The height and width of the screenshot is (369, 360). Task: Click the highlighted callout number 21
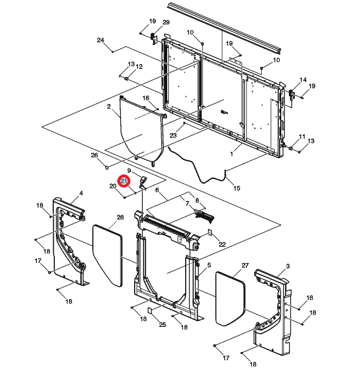pos(124,181)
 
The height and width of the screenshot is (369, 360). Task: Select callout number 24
pos(100,41)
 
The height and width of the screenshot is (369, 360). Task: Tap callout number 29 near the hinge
pos(166,22)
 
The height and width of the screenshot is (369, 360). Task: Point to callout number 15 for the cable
pos(237,189)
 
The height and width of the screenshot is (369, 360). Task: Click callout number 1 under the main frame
pos(231,154)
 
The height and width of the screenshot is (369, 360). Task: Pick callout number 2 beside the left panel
pos(109,107)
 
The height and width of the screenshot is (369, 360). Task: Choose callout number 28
pos(120,217)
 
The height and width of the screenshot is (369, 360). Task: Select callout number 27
pos(245,265)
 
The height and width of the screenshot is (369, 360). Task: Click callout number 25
pos(162,324)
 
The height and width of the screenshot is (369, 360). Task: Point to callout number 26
pos(94,155)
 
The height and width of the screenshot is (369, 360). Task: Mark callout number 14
pos(303,80)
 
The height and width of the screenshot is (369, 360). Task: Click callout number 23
pos(174,135)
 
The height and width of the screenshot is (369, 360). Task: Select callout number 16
pos(146,98)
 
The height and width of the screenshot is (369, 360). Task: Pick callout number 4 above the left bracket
pos(81,193)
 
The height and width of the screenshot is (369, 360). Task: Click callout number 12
pos(139,66)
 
